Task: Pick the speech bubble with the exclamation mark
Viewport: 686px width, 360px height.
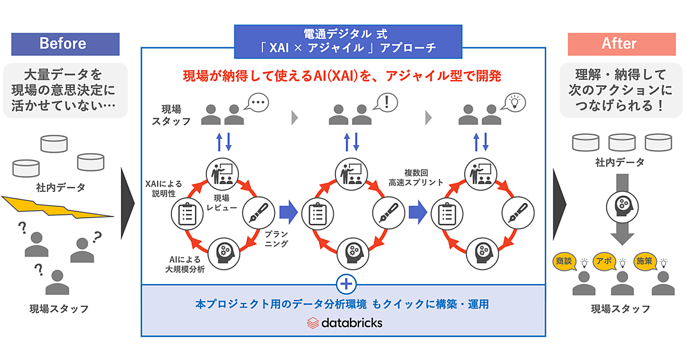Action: pyautogui.click(x=388, y=103)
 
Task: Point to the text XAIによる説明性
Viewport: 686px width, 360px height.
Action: pyautogui.click(x=163, y=189)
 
